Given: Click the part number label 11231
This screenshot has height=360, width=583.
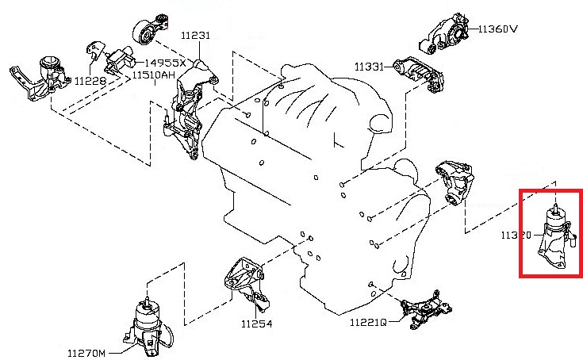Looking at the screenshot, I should coord(194,36).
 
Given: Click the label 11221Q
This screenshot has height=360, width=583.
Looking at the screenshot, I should coord(368,323).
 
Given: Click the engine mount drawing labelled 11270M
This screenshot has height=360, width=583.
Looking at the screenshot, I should coord(145,327).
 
